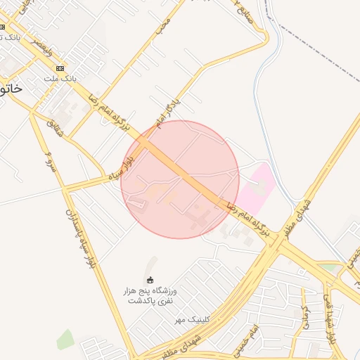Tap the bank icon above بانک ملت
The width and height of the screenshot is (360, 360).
pyautogui.click(x=60, y=68)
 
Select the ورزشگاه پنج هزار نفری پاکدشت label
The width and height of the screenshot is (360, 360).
pyautogui.click(x=153, y=295)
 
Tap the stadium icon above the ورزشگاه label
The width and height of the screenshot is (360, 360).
pyautogui.click(x=150, y=279)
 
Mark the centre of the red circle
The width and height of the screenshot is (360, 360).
pyautogui.click(x=180, y=179)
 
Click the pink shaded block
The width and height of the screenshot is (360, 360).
pyautogui.click(x=257, y=186)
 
